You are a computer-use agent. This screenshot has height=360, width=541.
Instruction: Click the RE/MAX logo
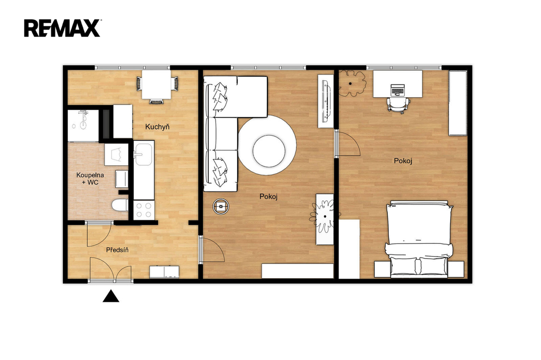[62, 29]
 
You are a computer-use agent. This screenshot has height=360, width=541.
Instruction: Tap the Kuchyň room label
[157, 127]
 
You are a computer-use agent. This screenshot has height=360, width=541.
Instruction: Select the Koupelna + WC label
[90, 178]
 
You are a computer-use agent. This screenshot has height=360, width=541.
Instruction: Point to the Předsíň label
[117, 250]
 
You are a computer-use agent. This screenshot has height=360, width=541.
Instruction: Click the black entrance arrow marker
[111, 296]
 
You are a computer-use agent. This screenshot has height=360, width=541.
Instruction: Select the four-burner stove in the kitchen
[144, 210]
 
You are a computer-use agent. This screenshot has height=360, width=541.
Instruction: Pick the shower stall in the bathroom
[83, 126]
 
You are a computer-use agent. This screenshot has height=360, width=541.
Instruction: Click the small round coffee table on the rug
[269, 150]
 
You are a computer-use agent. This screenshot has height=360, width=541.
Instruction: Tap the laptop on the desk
[397, 90]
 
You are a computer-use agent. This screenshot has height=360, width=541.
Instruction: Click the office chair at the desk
[398, 104]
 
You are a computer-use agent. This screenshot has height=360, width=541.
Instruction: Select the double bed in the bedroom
[419, 239]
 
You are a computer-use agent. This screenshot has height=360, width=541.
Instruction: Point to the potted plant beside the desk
[351, 83]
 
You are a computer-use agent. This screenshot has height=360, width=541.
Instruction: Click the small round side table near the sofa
[221, 206]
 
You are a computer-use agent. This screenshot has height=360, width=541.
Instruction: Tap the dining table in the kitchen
[156, 84]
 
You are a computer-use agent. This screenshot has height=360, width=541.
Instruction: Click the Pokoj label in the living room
[268, 196]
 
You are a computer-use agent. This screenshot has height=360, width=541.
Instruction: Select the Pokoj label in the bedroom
[403, 160]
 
